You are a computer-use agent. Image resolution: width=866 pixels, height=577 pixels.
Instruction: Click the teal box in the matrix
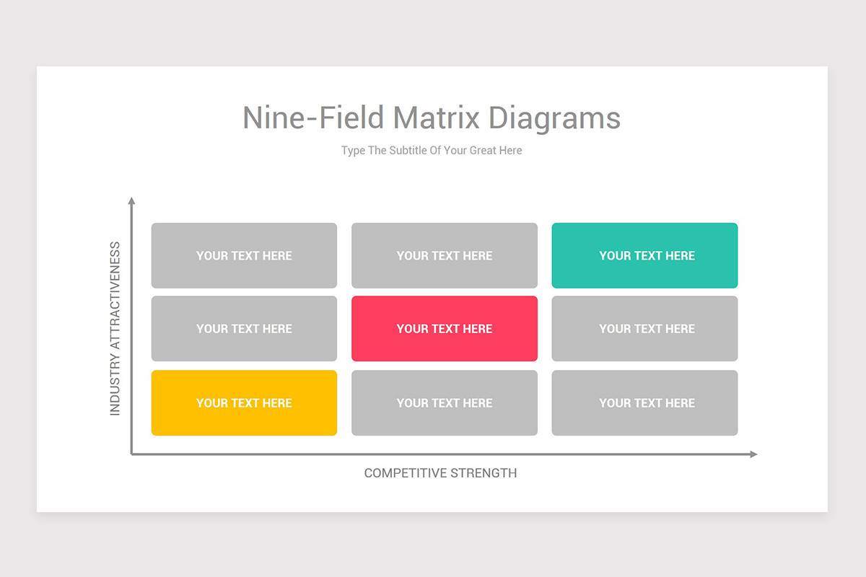click(644, 255)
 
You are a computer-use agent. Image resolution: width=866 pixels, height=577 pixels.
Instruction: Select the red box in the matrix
click(445, 328)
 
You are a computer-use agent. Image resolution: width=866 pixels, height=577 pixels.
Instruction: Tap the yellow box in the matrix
click(244, 402)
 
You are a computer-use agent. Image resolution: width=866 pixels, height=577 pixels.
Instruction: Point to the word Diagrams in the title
click(554, 118)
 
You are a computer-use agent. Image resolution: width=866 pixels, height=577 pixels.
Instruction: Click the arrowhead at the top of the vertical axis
click(131, 201)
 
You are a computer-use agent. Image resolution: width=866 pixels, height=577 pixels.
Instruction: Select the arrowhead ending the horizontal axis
click(753, 454)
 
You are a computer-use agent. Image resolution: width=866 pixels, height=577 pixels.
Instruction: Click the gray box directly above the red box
click(445, 255)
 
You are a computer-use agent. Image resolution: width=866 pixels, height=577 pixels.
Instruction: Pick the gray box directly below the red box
click(445, 402)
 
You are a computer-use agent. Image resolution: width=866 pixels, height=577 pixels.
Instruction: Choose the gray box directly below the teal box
click(644, 328)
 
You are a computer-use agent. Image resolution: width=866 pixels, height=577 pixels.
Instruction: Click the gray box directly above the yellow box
click(244, 328)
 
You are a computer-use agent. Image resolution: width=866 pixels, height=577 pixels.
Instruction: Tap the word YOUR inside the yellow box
click(212, 402)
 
